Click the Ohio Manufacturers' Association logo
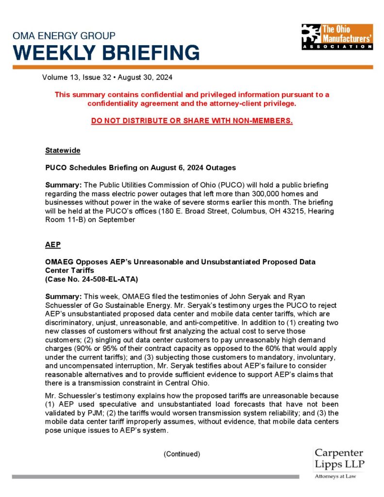pyautogui.click(x=336, y=36)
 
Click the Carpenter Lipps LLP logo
pyautogui.click(x=339, y=459)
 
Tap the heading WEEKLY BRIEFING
pyautogui.click(x=106, y=52)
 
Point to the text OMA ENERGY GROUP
pyautogui.click(x=64, y=36)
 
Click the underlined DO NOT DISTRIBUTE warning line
pyautogui.click(x=192, y=120)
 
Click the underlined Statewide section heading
pyautogui.click(x=63, y=150)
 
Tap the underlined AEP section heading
pyautogui.click(x=53, y=245)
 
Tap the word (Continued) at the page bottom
pyautogui.click(x=182, y=454)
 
